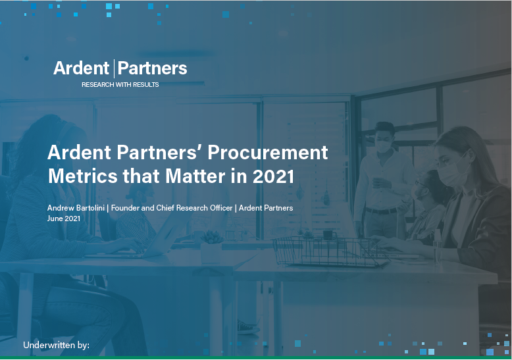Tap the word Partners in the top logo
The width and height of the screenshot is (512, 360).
click(152, 68)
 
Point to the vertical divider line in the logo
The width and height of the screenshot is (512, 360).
click(115, 68)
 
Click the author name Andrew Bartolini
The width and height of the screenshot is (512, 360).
click(76, 208)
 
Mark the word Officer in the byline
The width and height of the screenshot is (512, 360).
click(219, 208)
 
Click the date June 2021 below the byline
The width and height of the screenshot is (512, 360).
click(64, 219)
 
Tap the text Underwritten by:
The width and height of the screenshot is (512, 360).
click(56, 345)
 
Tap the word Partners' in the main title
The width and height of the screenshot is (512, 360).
click(172, 153)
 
